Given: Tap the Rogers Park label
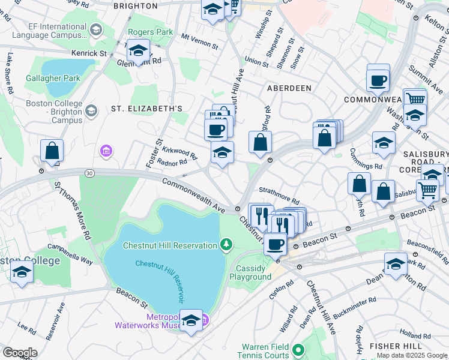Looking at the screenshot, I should pyautogui.click(x=150, y=32).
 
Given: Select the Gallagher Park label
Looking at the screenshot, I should pyautogui.click(x=53, y=78).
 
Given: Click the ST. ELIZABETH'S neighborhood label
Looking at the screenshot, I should pyautogui.click(x=146, y=109).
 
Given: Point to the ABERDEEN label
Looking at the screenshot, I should pyautogui.click(x=289, y=88).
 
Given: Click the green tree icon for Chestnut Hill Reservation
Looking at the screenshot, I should pyautogui.click(x=226, y=244).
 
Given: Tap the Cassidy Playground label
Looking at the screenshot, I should pyautogui.click(x=250, y=272).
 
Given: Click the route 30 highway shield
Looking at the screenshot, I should pyautogui.click(x=89, y=173).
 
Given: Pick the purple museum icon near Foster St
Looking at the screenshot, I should pyautogui.click(x=107, y=150).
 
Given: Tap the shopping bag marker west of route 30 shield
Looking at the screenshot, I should pyautogui.click(x=52, y=151).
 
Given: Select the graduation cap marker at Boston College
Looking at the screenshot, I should pyautogui.click(x=22, y=271).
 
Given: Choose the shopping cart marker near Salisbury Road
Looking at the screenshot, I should pyautogui.click(x=427, y=190).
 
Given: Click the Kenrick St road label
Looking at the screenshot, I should pyautogui.click(x=89, y=53).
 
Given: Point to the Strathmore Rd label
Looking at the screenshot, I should pyautogui.click(x=280, y=199).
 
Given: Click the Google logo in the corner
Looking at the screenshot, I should pyautogui.click(x=20, y=352).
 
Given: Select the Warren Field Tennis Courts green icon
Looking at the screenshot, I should pyautogui.click(x=299, y=347).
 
